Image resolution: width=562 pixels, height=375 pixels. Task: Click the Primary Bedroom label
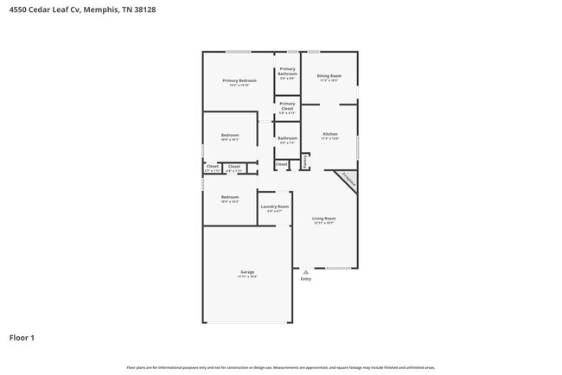(x=239, y=81)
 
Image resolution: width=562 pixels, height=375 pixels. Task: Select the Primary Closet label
(x=287, y=106)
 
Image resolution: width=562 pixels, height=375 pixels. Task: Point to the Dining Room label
(x=329, y=76)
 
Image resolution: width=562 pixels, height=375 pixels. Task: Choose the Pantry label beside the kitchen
(x=305, y=161)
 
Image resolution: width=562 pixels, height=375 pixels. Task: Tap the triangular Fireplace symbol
(x=348, y=180)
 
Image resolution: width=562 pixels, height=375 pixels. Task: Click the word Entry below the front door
(x=305, y=279)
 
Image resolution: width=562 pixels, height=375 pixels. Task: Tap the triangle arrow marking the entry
(x=305, y=271)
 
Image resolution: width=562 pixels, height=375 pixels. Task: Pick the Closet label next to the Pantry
(x=282, y=163)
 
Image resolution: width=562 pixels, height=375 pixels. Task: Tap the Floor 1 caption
(x=22, y=338)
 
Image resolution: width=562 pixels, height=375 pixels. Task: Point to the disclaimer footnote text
(x=281, y=367)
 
